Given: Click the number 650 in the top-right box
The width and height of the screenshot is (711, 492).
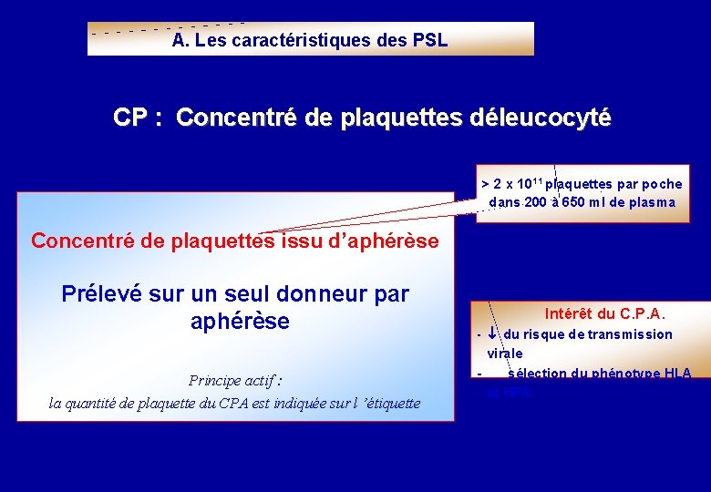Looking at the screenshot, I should (572, 202).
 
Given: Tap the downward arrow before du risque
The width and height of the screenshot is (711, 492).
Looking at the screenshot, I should (492, 334).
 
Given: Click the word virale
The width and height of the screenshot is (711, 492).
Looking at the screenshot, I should (505, 353).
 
